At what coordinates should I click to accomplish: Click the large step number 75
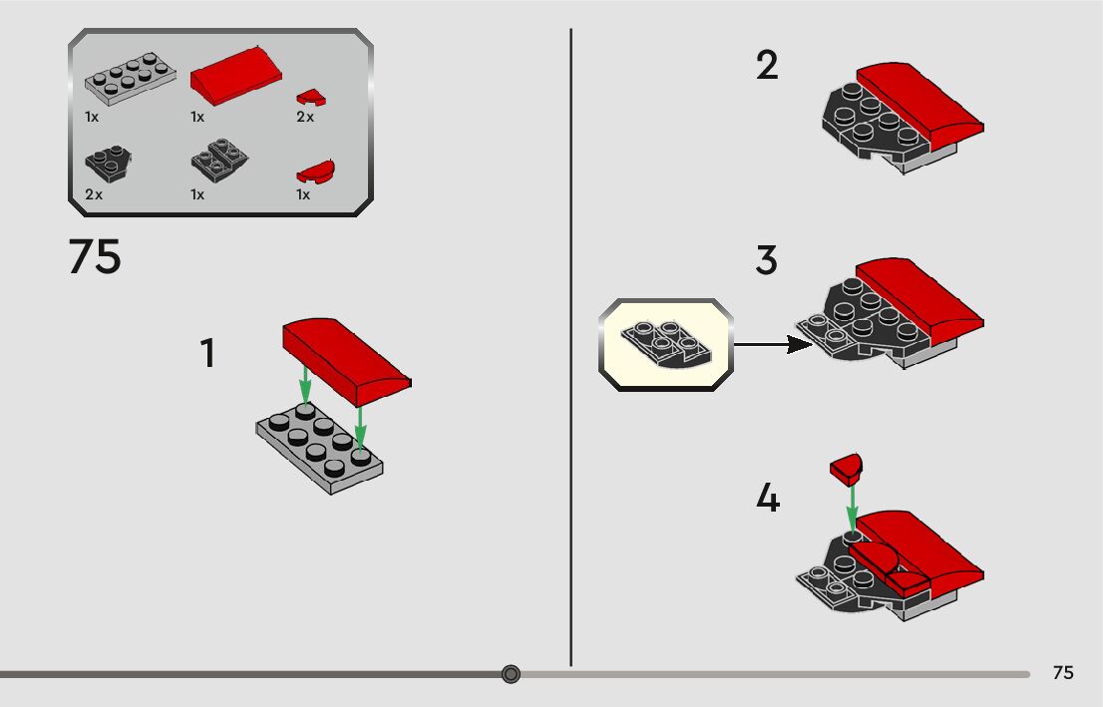click(x=95, y=256)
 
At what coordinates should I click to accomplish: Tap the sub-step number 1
click(x=207, y=353)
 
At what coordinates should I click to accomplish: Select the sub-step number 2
click(x=768, y=66)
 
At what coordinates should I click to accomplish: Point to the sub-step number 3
click(x=767, y=259)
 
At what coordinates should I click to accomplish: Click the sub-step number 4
click(x=768, y=498)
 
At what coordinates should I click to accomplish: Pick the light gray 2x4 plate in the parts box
click(x=130, y=78)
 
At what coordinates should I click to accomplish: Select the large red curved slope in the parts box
click(x=236, y=76)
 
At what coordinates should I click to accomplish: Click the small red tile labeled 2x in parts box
click(x=311, y=97)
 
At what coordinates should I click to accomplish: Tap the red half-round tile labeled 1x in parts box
click(x=315, y=172)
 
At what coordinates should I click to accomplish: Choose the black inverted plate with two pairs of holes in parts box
click(x=219, y=159)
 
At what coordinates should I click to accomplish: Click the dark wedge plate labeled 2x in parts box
click(x=109, y=164)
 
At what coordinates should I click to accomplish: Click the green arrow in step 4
click(x=852, y=509)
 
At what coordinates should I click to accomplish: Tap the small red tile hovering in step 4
click(x=846, y=469)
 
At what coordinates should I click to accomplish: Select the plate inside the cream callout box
click(x=666, y=344)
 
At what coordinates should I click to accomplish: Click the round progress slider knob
click(x=512, y=674)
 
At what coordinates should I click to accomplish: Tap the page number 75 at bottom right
click(x=1063, y=673)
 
